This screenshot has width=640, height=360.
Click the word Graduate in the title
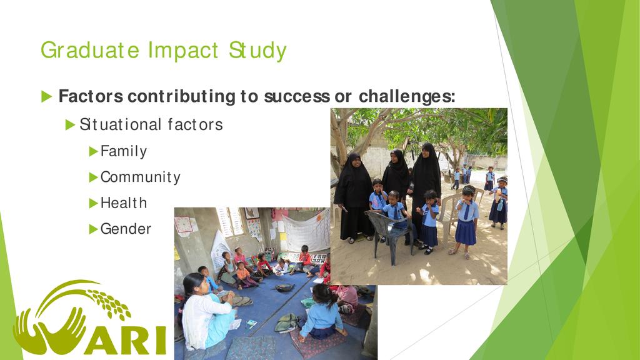pyautogui.click(x=90, y=51)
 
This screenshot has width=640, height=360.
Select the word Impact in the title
pyautogui.click(x=183, y=51)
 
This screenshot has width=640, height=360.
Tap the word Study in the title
pyautogui.click(x=257, y=51)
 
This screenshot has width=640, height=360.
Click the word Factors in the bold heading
pyautogui.click(x=91, y=96)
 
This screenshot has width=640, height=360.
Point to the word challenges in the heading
pyautogui.click(x=407, y=97)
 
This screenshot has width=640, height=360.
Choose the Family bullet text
pyautogui.click(x=124, y=151)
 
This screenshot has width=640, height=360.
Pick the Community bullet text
pyautogui.click(x=141, y=177)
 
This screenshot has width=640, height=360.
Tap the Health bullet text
pyautogui.click(x=124, y=203)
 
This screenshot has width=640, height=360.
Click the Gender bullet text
pyautogui.click(x=126, y=229)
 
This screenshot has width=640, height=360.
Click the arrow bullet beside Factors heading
pyautogui.click(x=46, y=97)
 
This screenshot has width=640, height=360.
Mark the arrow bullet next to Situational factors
pyautogui.click(x=70, y=124)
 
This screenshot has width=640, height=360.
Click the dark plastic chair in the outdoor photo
pyautogui.click(x=390, y=236)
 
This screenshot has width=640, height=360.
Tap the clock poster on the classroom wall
pyautogui.click(x=184, y=225)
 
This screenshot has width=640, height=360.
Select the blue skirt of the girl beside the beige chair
pyautogui.click(x=466, y=232)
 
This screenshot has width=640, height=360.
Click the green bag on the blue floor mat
pyautogui.click(x=286, y=323)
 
